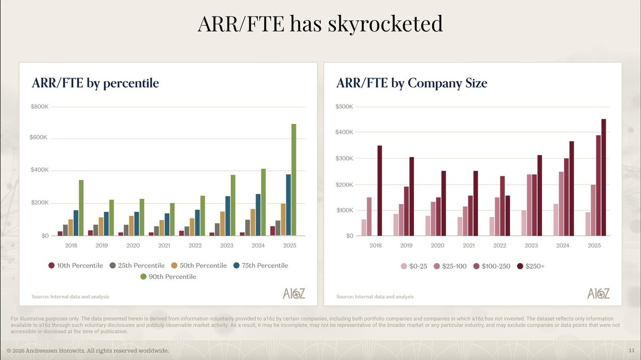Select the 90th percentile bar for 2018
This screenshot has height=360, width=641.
point(81,208)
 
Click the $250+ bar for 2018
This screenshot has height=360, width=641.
point(380,191)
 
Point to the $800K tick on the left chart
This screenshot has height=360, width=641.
point(40,107)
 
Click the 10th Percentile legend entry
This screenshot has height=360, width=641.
point(76,265)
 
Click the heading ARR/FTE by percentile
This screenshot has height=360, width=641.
point(96,83)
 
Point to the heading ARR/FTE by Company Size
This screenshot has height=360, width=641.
point(412,83)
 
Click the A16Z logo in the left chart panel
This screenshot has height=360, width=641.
point(294,293)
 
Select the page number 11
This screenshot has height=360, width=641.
point(631,350)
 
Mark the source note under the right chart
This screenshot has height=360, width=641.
point(375,296)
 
